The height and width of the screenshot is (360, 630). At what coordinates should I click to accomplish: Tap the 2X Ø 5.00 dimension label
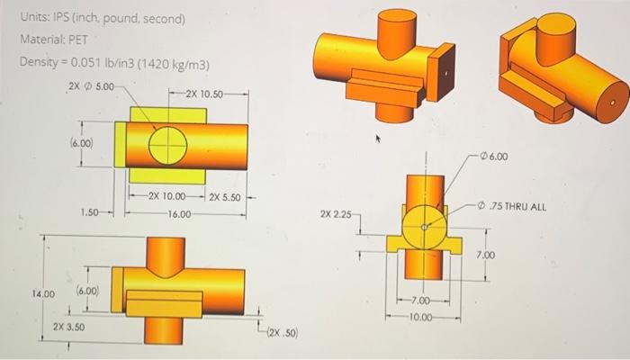tap(92, 86)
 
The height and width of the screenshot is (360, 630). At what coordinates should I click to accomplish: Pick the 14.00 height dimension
tap(43, 293)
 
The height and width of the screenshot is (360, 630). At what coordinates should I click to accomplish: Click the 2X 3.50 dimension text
tap(68, 326)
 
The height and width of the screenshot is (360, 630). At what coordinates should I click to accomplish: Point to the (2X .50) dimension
tap(282, 332)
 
